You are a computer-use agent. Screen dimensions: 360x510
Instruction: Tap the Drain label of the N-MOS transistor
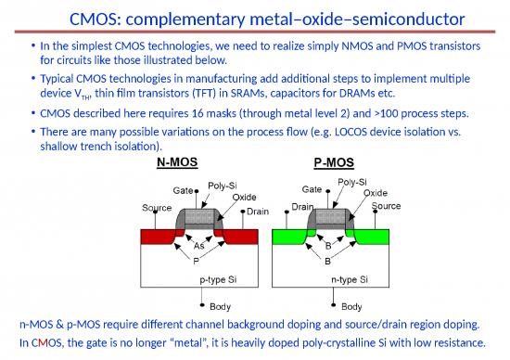(258, 212)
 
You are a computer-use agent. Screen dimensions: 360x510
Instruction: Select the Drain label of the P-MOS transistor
(302, 206)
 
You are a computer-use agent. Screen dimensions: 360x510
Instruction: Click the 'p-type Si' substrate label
(219, 278)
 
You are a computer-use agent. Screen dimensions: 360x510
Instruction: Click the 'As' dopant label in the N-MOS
(199, 246)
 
